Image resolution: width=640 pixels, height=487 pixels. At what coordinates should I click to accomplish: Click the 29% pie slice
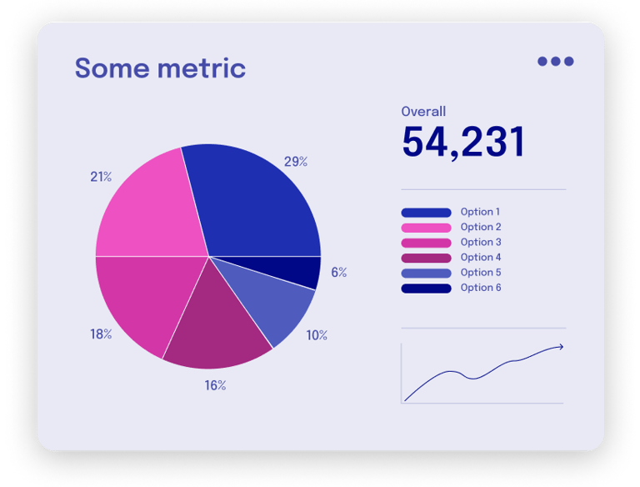(x=250, y=204)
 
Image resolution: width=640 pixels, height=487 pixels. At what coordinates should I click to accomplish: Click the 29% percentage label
(x=296, y=162)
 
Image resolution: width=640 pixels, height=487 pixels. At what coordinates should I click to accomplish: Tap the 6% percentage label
(x=338, y=272)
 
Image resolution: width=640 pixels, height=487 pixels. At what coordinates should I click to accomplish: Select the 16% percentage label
(x=215, y=385)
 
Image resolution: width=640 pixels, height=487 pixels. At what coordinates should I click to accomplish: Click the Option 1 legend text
(x=480, y=212)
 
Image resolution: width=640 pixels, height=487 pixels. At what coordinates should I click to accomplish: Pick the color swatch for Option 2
(x=426, y=228)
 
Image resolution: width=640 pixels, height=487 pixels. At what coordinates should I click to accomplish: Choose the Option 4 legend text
(x=480, y=258)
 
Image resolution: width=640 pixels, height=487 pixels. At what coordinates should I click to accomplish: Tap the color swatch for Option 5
(x=426, y=274)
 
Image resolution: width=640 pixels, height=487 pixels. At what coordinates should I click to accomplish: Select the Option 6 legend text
(x=480, y=288)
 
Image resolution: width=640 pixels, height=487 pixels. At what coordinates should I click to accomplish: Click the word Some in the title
(x=114, y=68)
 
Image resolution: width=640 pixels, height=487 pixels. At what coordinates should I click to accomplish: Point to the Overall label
(x=423, y=111)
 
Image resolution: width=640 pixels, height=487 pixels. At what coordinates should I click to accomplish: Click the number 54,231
(x=462, y=142)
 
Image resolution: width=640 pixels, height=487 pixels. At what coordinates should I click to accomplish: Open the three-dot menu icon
(x=555, y=61)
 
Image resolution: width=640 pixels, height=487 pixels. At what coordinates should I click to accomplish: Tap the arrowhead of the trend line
(x=561, y=347)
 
